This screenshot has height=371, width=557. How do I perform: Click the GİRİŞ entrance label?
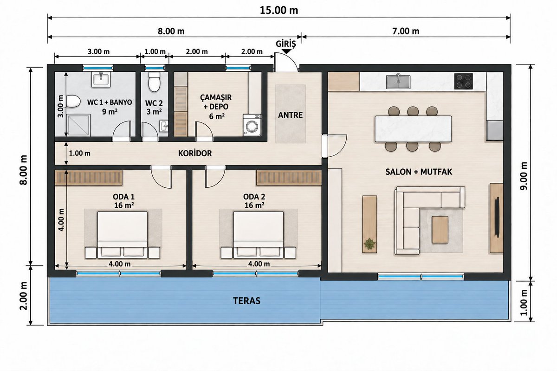286,44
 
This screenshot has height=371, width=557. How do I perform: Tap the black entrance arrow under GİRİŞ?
287,51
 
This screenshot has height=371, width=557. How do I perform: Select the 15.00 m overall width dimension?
279,11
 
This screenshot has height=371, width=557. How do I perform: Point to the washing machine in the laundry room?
252,125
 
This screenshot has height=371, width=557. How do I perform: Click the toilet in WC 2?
154,82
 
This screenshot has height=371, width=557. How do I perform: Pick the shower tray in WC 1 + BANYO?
78,125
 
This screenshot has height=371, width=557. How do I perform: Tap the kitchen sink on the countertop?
398,82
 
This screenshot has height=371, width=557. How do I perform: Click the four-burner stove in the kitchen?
464,81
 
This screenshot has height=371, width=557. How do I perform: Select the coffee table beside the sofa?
440,230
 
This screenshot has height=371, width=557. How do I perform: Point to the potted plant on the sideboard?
369,244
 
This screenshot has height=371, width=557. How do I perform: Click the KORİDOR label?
195,154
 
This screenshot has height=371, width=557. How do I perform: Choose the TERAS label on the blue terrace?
246,301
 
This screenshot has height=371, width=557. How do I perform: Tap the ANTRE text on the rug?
290,115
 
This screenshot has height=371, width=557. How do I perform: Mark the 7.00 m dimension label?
406,32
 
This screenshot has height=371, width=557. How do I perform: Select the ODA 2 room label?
254,197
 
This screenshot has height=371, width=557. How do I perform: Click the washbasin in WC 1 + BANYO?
101,79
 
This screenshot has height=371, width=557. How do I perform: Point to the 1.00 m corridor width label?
79,154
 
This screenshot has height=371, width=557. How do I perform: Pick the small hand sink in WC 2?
163,126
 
